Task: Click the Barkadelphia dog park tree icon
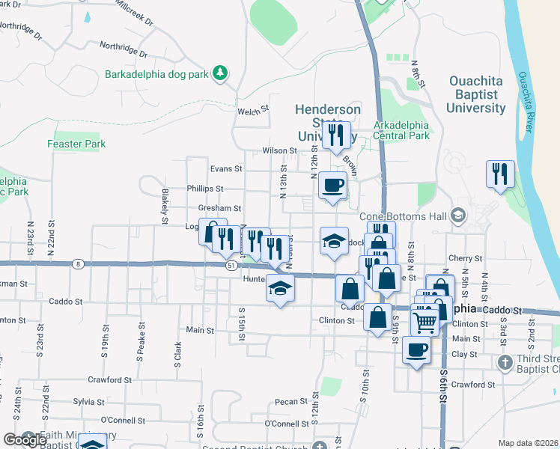click(x=221, y=73)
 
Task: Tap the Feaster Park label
click(x=76, y=144)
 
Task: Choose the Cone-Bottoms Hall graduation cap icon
click(x=457, y=217)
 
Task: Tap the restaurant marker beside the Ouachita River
click(x=500, y=173)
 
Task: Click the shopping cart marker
click(x=424, y=322)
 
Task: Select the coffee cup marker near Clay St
click(x=416, y=348)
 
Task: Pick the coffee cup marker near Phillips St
click(x=332, y=184)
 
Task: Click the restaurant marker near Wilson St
click(x=336, y=134)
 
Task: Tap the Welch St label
click(x=253, y=111)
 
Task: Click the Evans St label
click(x=226, y=169)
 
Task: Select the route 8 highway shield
click(x=78, y=263)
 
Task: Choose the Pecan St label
click(x=287, y=402)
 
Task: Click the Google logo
click(x=24, y=439)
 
